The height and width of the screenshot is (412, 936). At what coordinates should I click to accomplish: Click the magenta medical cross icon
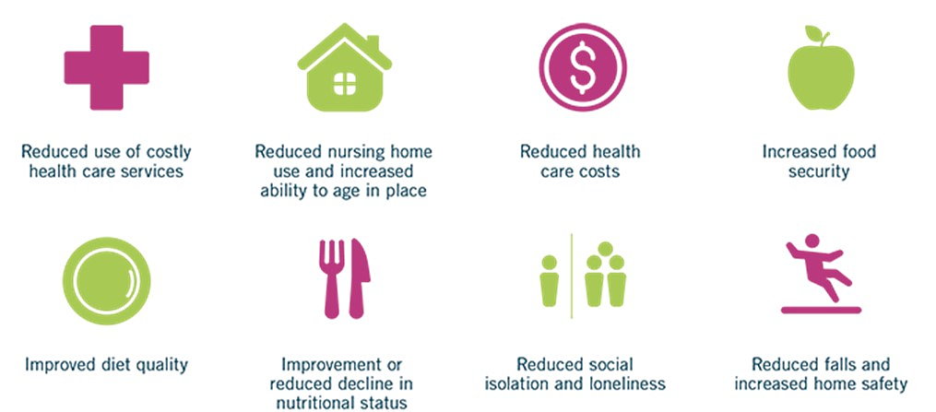point(106,67)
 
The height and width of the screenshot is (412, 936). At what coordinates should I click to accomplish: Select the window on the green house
point(345,84)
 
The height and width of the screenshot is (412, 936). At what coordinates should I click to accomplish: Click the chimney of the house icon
point(373,43)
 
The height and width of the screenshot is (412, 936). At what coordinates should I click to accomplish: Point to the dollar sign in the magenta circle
point(583,67)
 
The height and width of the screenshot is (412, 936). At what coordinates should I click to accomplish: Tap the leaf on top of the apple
point(813,32)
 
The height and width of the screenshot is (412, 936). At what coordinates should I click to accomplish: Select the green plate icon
point(106,281)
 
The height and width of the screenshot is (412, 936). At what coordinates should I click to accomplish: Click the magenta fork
point(331,278)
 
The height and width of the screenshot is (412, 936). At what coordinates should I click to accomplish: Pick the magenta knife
point(359,278)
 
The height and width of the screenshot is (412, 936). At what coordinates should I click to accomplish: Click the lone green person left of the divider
point(549,281)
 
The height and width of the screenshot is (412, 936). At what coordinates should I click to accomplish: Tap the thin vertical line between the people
point(571,277)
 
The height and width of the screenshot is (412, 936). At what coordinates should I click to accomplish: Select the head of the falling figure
point(812,241)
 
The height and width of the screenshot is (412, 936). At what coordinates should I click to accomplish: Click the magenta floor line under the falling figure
point(821,310)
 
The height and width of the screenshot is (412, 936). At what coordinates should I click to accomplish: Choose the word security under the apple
point(818,171)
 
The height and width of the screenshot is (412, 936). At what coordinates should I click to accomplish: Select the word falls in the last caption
point(844,364)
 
